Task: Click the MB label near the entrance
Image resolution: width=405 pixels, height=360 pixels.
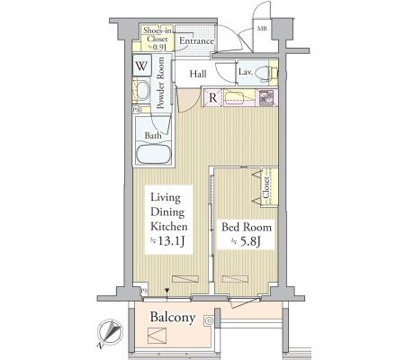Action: pyautogui.click(x=263, y=29)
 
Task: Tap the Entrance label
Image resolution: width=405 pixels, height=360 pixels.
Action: pyautogui.click(x=196, y=41)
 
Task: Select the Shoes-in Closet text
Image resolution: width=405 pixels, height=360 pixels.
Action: pyautogui.click(x=157, y=34)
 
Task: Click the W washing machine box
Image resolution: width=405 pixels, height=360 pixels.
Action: pyautogui.click(x=141, y=66)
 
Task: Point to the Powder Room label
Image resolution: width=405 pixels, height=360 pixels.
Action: pyautogui.click(x=161, y=83)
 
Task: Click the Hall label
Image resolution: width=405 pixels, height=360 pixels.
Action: pyautogui.click(x=198, y=74)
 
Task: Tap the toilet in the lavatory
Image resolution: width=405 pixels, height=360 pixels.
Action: pyautogui.click(x=268, y=72)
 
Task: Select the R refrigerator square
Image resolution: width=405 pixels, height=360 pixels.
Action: pyautogui.click(x=212, y=97)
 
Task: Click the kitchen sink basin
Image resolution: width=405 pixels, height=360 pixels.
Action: pyautogui.click(x=235, y=98)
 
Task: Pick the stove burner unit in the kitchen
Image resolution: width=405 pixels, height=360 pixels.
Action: pyautogui.click(x=266, y=97)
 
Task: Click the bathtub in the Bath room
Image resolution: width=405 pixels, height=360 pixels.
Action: pyautogui.click(x=153, y=154)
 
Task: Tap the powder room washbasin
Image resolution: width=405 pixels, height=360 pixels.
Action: pyautogui.click(x=143, y=90)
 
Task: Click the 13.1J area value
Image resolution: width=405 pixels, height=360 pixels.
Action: pyautogui.click(x=168, y=241)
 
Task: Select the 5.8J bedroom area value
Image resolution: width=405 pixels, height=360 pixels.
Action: pyautogui.click(x=246, y=241)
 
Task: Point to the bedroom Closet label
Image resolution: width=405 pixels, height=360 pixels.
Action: pyautogui.click(x=265, y=187)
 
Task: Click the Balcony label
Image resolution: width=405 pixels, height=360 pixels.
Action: pyautogui.click(x=173, y=318)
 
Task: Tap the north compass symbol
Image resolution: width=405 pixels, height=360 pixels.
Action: pyautogui.click(x=110, y=333)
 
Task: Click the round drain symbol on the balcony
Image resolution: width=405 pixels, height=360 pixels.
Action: pyautogui.click(x=209, y=321)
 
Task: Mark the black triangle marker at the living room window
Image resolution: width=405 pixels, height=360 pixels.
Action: pyautogui.click(x=167, y=291)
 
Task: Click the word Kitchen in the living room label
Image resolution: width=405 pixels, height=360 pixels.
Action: pyautogui.click(x=169, y=226)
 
